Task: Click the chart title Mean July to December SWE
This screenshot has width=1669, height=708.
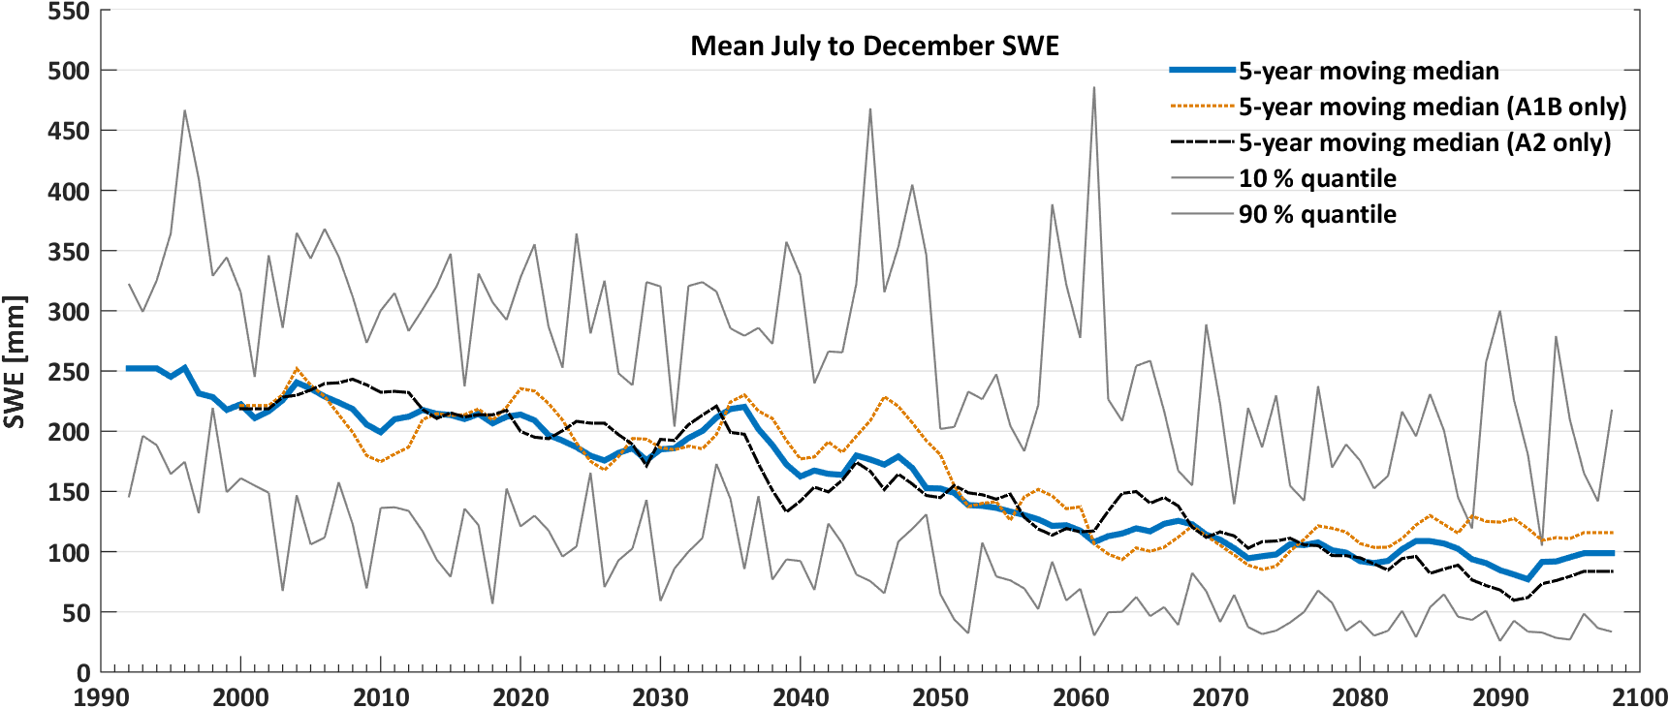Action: point(874,46)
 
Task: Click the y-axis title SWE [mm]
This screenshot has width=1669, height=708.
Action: point(15,361)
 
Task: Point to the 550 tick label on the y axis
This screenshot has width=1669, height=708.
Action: point(68,12)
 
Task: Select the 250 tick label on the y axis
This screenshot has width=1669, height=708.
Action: point(68,372)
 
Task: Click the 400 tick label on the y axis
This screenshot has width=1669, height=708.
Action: point(68,192)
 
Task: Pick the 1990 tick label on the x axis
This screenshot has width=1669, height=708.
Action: point(101,696)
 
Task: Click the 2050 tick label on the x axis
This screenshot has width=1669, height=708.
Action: point(940,696)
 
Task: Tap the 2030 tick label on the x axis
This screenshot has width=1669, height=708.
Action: point(660,696)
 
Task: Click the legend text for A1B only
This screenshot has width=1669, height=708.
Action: point(1433,107)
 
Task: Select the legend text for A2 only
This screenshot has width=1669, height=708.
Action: point(1425,142)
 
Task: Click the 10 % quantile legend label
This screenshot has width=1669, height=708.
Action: point(1317,178)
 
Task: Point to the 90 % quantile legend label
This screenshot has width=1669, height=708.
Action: point(1317,214)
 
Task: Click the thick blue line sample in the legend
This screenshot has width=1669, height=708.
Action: point(1203,70)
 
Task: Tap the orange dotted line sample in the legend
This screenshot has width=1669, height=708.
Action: point(1203,106)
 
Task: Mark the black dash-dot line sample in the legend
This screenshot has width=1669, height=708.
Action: point(1203,141)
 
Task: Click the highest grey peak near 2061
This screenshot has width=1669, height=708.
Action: point(1094,88)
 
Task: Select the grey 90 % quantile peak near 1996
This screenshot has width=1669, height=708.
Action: point(184,110)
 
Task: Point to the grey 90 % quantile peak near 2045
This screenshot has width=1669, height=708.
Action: point(870,109)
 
